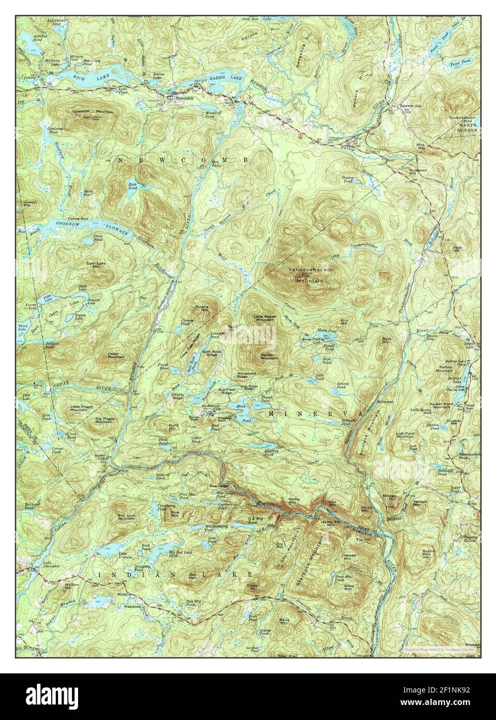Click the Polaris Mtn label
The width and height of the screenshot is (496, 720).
pos(202,308)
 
